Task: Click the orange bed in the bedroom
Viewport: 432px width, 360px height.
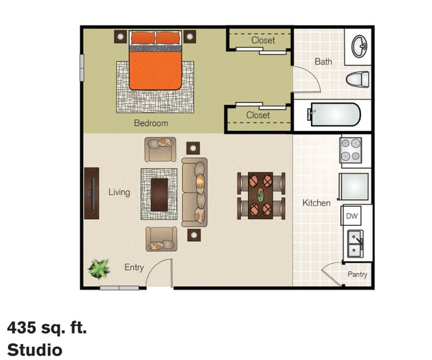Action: pyautogui.click(x=156, y=60)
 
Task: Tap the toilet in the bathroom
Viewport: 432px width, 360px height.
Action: pyautogui.click(x=358, y=80)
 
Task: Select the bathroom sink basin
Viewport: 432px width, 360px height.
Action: pyautogui.click(x=360, y=46)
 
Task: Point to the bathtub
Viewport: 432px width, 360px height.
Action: pyautogui.click(x=334, y=114)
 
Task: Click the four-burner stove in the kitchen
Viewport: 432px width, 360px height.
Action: pyautogui.click(x=351, y=150)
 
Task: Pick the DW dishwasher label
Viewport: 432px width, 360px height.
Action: pyautogui.click(x=352, y=216)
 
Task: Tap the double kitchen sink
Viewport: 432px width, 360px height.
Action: pyautogui.click(x=355, y=244)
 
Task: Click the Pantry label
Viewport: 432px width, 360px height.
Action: pyautogui.click(x=358, y=274)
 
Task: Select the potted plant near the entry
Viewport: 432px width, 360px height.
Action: pyautogui.click(x=98, y=268)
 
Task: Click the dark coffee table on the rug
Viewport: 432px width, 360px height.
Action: pyautogui.click(x=160, y=195)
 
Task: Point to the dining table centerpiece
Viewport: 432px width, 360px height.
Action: pyautogui.click(x=261, y=195)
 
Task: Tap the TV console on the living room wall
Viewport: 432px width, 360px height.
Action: pyautogui.click(x=92, y=193)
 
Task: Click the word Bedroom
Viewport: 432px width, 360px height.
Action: pyautogui.click(x=151, y=123)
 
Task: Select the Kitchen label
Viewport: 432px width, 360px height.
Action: pyautogui.click(x=316, y=203)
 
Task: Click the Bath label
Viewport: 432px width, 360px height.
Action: pyautogui.click(x=323, y=61)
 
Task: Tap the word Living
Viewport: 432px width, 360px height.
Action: pyautogui.click(x=119, y=192)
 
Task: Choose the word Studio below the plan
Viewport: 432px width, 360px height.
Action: pyautogui.click(x=35, y=350)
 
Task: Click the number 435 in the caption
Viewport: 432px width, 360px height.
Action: pyautogui.click(x=22, y=327)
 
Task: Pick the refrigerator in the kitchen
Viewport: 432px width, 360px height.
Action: pyautogui.click(x=354, y=187)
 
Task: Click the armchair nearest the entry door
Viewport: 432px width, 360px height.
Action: pyautogui.click(x=162, y=239)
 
